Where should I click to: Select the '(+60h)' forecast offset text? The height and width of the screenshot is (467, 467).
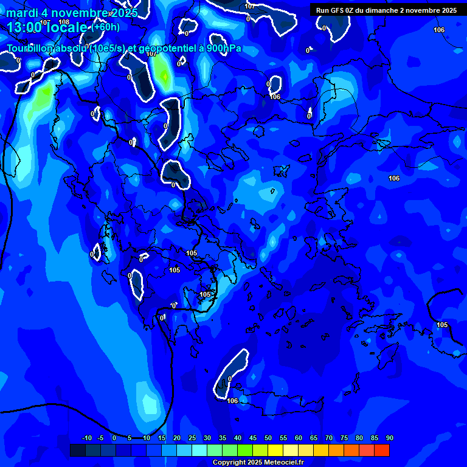105,27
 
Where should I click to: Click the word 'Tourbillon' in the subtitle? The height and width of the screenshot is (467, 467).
33,49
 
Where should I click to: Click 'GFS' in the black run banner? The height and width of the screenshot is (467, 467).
337,10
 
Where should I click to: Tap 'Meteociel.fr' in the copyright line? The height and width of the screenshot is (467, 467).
282,463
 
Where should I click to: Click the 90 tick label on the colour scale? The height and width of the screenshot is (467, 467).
389,438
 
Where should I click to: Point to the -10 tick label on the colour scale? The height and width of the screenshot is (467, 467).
86,438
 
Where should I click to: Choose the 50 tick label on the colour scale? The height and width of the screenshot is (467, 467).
268,438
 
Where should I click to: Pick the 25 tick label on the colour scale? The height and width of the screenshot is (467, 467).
192,438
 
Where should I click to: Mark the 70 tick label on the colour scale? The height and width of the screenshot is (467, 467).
328,438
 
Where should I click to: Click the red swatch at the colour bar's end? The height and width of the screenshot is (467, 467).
381,450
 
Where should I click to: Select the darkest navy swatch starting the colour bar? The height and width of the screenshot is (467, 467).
77,450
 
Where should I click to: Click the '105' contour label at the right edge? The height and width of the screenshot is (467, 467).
442,325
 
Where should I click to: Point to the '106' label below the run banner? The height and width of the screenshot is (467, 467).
439,30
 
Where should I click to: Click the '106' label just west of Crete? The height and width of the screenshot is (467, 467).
232,401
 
